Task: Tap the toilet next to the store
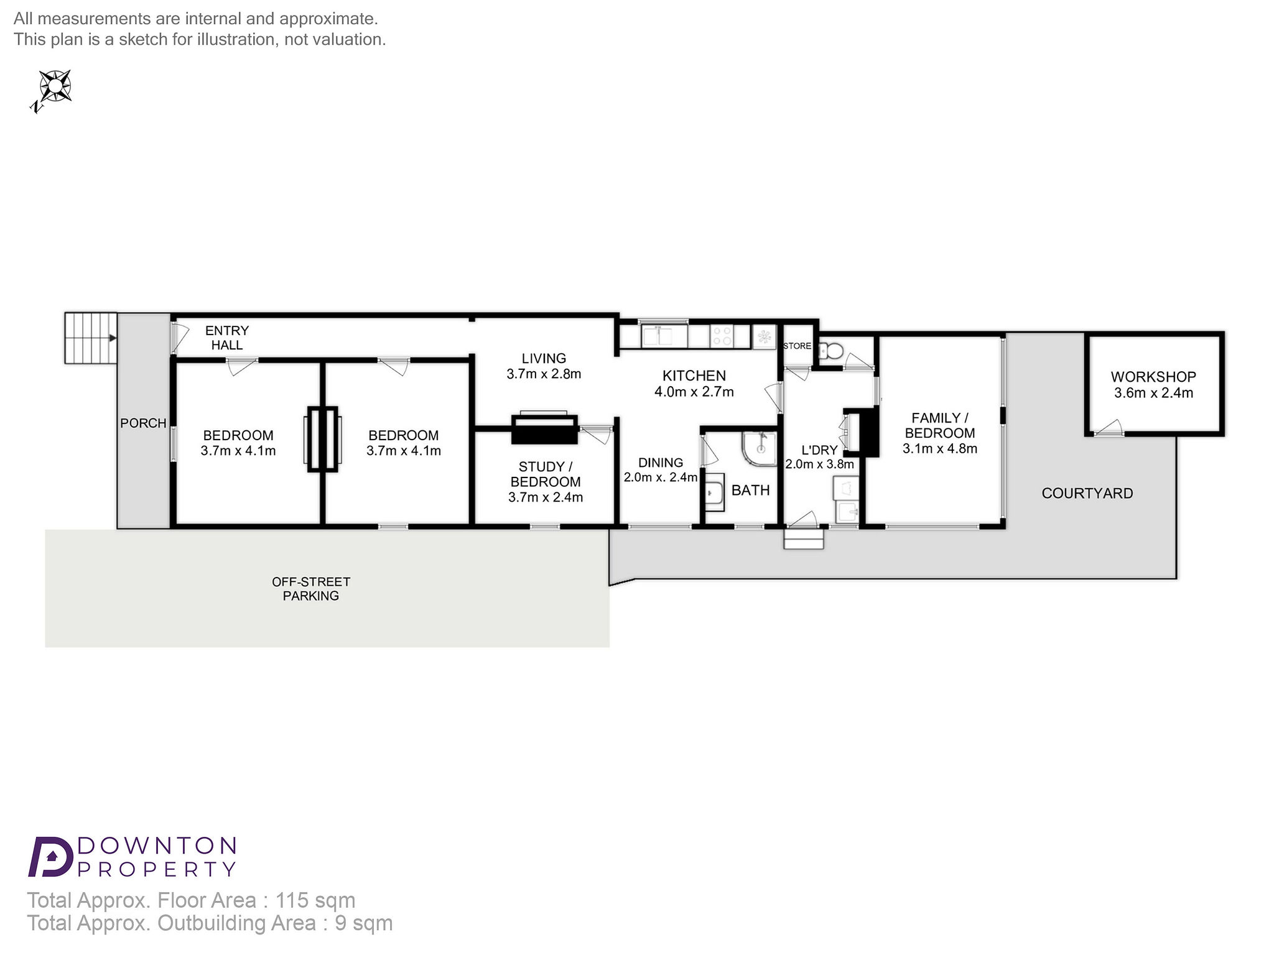830,351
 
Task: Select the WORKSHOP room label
1153,377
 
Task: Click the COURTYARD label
1087,494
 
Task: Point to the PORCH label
143,423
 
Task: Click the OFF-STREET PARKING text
311,589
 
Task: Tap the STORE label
797,346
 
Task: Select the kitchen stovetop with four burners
722,336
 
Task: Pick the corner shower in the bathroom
760,449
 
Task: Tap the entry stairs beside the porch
91,338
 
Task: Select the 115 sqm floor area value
315,900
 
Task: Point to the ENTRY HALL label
227,338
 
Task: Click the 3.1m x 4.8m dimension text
940,449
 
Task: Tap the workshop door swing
1108,428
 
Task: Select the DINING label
661,463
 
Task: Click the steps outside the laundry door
804,538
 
